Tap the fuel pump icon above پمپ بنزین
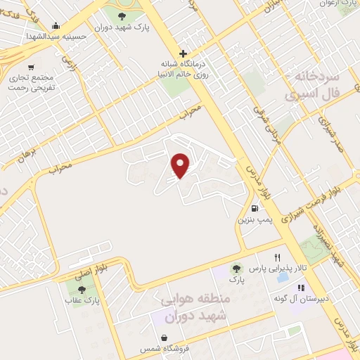coord(255,207)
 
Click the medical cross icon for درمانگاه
coord(183,53)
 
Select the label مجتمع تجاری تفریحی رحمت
coord(32,85)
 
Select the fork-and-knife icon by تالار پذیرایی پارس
coord(278,258)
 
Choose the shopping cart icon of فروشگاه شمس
coord(164,338)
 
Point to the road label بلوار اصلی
coord(95,264)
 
